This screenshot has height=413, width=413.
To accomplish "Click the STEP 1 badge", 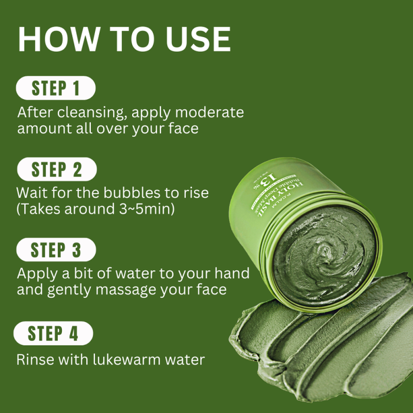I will click(55, 88).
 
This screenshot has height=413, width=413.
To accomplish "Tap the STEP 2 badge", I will click(57, 169).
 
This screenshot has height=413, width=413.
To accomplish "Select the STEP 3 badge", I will click(56, 250).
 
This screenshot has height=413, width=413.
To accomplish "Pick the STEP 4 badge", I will click(54, 333).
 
